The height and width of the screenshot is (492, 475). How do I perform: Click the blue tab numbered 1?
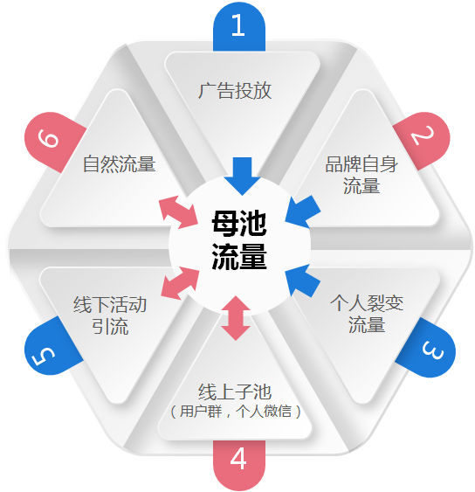[x=239, y=27]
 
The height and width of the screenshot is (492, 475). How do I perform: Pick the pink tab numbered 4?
[x=239, y=464]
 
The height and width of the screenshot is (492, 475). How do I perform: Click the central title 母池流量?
[x=239, y=239]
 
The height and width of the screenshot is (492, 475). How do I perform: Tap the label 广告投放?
[x=235, y=91]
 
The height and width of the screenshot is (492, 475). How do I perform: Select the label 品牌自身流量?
[x=361, y=175]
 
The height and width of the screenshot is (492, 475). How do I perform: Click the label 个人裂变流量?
[x=367, y=314]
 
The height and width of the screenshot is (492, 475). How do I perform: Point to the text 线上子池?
[x=235, y=392]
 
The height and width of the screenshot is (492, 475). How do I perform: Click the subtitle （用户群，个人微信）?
[x=236, y=411]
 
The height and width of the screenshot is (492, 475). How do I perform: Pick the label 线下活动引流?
[x=110, y=315]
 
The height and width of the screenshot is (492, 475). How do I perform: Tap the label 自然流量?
[x=119, y=163]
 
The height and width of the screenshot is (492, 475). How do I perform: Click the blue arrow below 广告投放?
[x=242, y=176]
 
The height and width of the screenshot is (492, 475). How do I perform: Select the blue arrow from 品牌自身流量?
[x=302, y=211]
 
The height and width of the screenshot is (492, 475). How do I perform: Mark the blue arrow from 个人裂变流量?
[x=302, y=281]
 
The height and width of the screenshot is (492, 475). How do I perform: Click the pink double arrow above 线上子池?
[x=236, y=318]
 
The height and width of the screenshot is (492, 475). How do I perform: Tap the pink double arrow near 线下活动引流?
[x=180, y=283]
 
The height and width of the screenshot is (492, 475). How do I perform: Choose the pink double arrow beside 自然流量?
[x=178, y=212]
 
